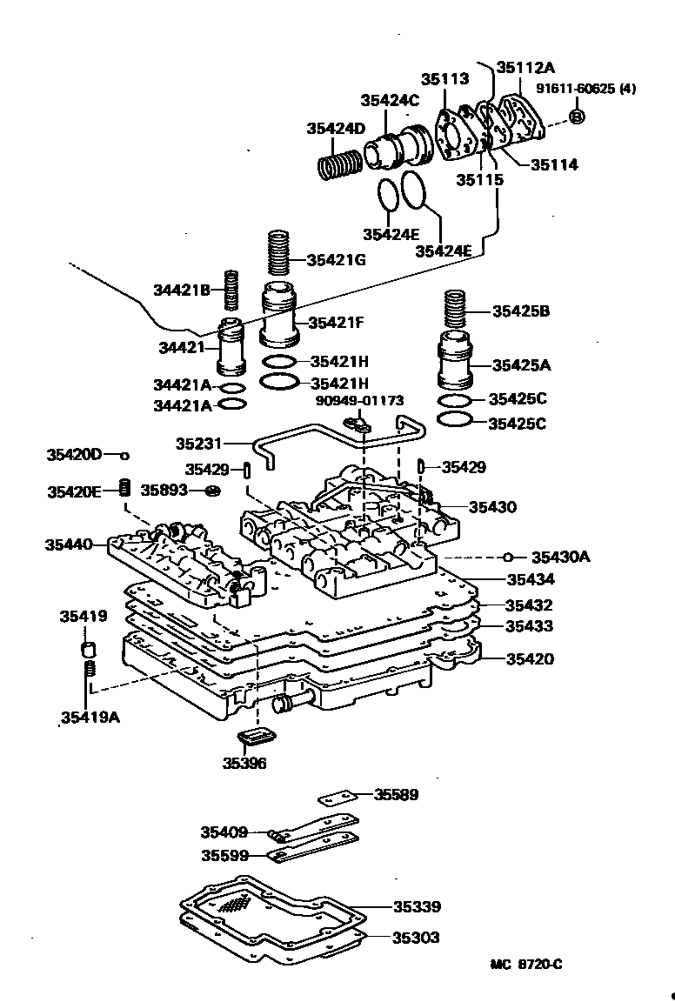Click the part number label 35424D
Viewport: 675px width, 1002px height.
click(335, 129)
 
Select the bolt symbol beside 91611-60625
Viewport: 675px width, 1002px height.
click(577, 116)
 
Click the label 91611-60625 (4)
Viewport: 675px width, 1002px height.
click(585, 89)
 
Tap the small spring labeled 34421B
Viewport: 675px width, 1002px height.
click(231, 290)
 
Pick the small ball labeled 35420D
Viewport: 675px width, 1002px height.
click(124, 455)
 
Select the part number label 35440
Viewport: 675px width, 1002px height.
click(69, 544)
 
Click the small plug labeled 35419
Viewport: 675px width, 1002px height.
click(87, 650)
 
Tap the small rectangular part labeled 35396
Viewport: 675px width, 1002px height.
click(256, 738)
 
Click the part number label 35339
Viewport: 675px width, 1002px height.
click(416, 907)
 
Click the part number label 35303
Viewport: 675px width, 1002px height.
click(416, 938)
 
